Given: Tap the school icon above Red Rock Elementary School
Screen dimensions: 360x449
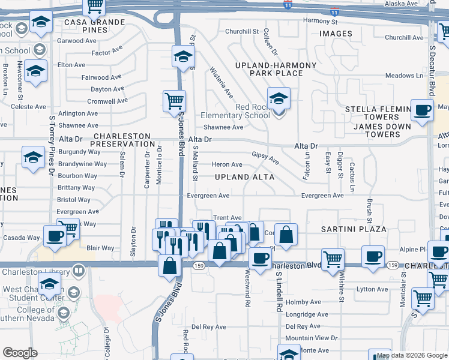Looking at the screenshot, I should (x=279, y=98).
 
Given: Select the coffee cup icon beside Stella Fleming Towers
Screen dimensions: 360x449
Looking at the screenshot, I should (x=423, y=110).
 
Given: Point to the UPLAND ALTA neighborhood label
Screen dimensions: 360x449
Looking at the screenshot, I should (x=245, y=177).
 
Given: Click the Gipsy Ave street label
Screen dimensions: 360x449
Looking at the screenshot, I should (x=265, y=157).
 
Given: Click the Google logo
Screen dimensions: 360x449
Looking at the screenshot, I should (x=20, y=353).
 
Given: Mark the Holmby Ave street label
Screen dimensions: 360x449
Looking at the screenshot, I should (x=307, y=302).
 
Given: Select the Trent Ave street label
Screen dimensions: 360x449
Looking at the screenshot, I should (x=228, y=218).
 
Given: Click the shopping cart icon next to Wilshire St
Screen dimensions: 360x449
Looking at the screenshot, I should (x=332, y=259).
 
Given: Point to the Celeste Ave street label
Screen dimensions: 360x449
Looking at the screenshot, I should (x=28, y=106).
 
